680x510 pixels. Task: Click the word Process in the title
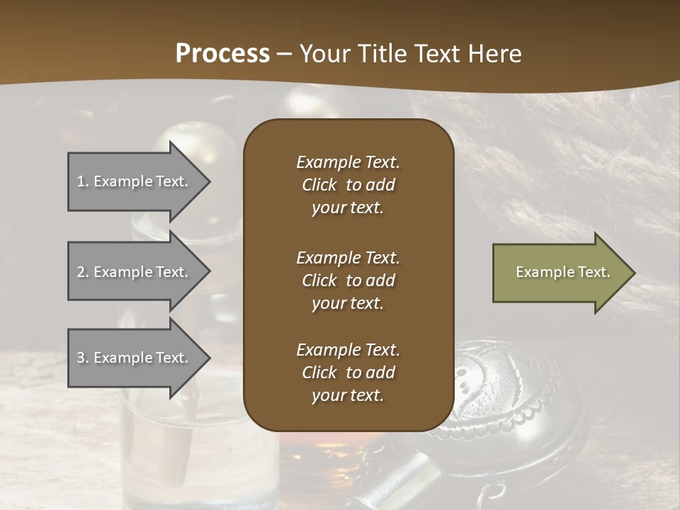tap(222, 54)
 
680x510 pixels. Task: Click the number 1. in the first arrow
tap(83, 181)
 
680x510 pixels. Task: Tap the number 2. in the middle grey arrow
tap(83, 272)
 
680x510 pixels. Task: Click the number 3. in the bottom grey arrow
tap(83, 358)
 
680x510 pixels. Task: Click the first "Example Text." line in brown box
tap(348, 162)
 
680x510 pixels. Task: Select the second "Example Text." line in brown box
tap(348, 258)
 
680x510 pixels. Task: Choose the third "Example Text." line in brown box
tap(348, 350)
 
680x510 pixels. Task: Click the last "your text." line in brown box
tap(348, 396)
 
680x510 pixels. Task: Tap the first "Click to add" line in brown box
tap(348, 185)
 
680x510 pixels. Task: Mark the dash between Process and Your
tap(285, 54)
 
